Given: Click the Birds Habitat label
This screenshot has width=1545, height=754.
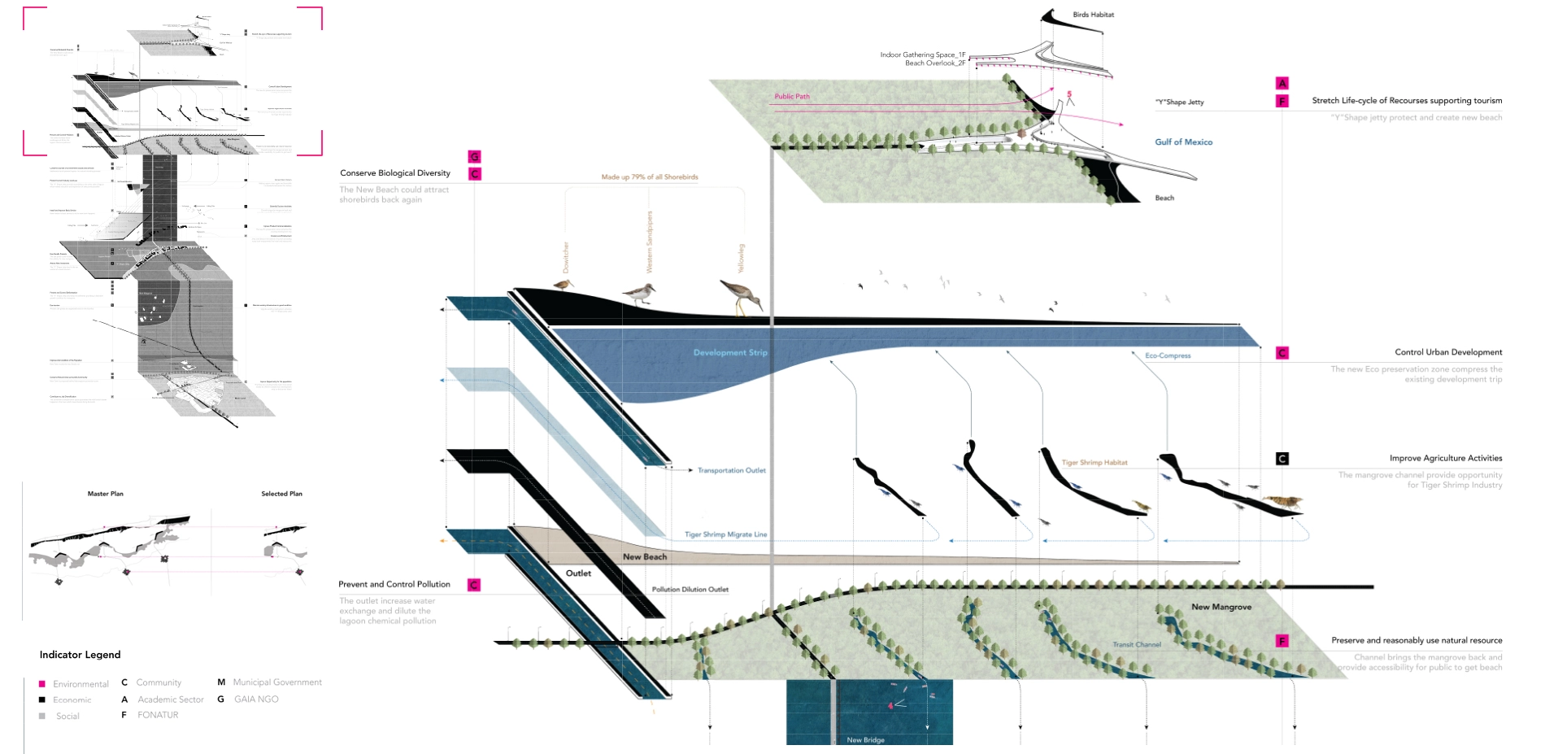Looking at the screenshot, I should [x=1093, y=15].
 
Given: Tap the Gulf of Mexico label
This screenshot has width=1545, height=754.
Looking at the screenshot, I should [x=1183, y=142].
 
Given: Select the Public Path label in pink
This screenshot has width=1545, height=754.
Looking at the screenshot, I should [x=791, y=97].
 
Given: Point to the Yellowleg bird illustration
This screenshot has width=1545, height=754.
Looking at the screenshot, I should [x=741, y=297].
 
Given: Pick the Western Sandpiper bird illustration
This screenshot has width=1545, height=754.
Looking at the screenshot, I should [x=639, y=293].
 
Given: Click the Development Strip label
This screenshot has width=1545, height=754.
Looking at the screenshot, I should [x=729, y=353].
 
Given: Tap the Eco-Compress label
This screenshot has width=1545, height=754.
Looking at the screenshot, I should [x=1168, y=356].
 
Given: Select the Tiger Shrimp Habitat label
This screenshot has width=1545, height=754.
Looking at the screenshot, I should [x=1095, y=463].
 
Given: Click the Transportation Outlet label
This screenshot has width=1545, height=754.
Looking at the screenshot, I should [x=731, y=470].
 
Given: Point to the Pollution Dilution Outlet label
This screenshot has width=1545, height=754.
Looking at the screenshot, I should [x=690, y=590].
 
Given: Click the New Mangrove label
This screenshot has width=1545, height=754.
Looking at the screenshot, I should [x=1221, y=607].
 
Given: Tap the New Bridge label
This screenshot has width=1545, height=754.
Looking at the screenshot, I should [x=865, y=740].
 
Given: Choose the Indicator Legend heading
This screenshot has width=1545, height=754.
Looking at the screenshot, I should [x=80, y=655].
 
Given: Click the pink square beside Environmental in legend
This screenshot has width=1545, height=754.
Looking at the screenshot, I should [x=42, y=684].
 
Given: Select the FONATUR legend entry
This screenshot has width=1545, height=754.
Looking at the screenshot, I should [x=158, y=715].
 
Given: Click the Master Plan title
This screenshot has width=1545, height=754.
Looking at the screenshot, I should [x=106, y=494].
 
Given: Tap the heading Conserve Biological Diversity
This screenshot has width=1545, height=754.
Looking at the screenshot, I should [x=395, y=173].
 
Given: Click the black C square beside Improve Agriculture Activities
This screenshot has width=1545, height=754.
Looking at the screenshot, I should [x=1282, y=459].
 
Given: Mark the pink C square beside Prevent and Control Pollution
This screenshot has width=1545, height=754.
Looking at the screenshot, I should [x=474, y=585].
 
